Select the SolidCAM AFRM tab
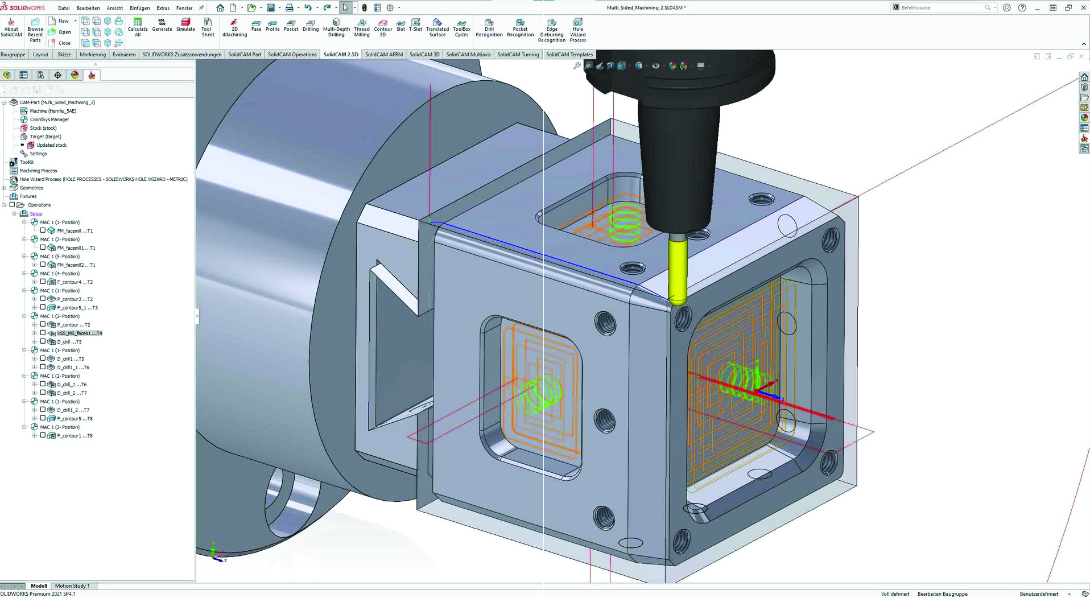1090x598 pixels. click(383, 55)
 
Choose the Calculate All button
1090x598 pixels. click(138, 26)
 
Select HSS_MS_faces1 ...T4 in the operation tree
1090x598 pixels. click(79, 333)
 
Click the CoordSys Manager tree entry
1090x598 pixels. click(49, 119)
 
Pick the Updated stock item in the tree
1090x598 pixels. click(51, 145)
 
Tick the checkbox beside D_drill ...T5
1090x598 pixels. click(43, 341)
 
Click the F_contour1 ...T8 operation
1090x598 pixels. click(75, 436)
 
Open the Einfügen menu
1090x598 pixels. click(139, 8)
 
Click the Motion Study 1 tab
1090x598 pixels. click(72, 585)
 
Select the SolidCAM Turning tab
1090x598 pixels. click(518, 55)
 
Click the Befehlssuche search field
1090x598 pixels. click(942, 8)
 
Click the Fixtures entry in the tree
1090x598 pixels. click(28, 196)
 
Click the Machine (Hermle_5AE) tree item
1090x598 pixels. click(52, 111)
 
